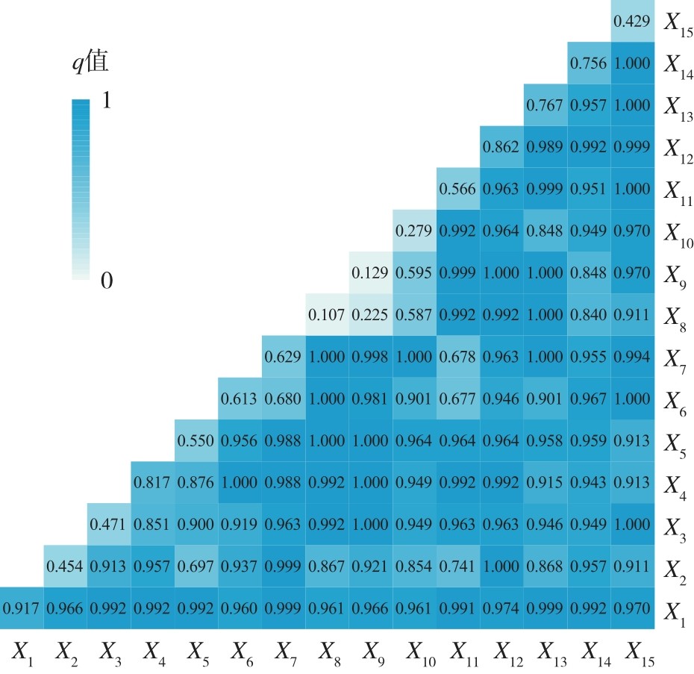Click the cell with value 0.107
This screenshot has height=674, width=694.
tap(326, 315)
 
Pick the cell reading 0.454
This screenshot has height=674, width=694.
tap(65, 567)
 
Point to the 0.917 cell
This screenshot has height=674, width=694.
tap(21, 608)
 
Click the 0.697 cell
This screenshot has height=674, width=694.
tap(196, 567)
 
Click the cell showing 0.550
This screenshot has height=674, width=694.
tap(196, 440)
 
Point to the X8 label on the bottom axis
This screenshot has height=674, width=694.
tap(328, 654)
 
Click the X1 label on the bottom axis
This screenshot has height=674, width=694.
tap(22, 654)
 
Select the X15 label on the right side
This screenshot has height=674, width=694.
tap(678, 24)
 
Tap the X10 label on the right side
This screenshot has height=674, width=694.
tap(678, 234)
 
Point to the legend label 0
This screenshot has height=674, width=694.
tap(106, 281)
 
